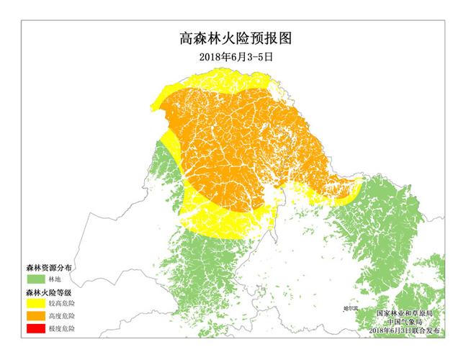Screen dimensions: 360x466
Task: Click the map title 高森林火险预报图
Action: [233, 37]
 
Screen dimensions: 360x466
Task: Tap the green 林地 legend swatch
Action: [34, 277]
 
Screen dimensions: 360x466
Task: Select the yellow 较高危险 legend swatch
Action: [34, 304]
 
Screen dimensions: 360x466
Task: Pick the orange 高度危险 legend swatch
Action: [34, 316]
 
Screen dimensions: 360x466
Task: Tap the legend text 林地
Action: [55, 278]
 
